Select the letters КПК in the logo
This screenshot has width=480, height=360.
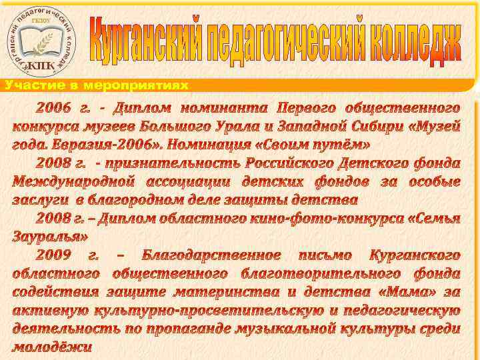(42, 64)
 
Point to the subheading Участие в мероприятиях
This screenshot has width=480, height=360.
(97, 85)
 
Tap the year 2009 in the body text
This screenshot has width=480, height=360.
(53, 255)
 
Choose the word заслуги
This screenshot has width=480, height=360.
(41, 199)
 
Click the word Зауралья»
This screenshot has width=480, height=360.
(51, 236)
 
